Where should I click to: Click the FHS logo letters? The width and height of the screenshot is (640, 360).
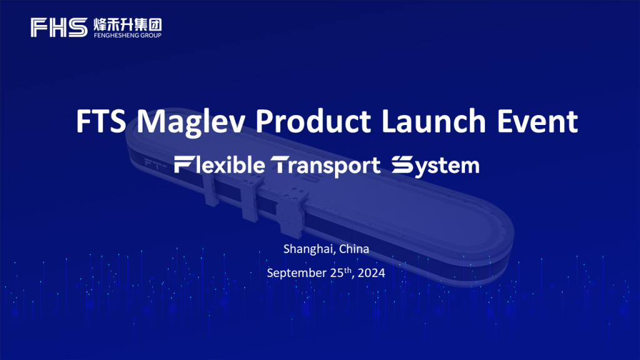(59, 27)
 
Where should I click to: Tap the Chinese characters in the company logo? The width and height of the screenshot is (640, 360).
(127, 24)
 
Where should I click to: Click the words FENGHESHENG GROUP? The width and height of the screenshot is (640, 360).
(127, 36)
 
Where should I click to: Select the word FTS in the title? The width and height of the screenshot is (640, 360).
(101, 121)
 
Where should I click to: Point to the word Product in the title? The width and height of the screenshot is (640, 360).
(314, 121)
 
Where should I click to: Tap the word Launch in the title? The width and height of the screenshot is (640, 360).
(434, 121)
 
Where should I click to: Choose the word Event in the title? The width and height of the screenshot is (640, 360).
(537, 121)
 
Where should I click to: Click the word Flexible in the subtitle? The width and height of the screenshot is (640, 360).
(219, 165)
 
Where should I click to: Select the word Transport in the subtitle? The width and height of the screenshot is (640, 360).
(326, 166)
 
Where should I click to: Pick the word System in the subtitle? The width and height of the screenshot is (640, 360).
(436, 166)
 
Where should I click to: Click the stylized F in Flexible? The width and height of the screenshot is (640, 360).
(182, 164)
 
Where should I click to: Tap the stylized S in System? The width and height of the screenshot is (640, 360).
(402, 164)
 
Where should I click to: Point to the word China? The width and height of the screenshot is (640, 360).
(354, 249)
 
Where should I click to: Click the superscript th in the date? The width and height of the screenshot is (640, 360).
(347, 270)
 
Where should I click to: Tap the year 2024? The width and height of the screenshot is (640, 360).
(371, 272)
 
